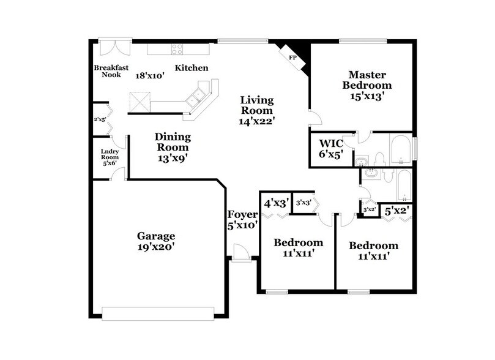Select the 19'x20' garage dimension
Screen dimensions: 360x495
pos(156,247)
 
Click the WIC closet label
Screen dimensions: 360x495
pos(332,144)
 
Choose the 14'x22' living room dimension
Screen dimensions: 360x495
pos(256,121)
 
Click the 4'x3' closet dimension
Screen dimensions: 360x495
pos(276,201)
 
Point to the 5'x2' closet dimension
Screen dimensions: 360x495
pos(396,211)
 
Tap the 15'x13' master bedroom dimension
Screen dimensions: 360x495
pos(367,96)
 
